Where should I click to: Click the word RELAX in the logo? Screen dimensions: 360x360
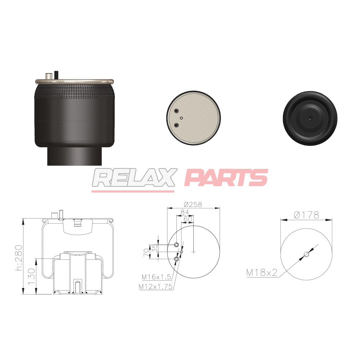[x=135, y=178]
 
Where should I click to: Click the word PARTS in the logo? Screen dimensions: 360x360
[x=226, y=178]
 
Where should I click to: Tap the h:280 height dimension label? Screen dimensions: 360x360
[x=19, y=258]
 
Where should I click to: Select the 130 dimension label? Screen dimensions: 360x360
[x=32, y=276]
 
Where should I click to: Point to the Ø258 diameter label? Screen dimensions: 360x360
[x=193, y=204]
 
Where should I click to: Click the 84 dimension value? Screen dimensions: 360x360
[x=185, y=212]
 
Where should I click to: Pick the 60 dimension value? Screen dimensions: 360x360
[x=188, y=219]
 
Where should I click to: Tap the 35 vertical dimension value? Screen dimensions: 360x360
[x=155, y=248]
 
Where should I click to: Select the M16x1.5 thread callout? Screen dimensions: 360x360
[x=156, y=277]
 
